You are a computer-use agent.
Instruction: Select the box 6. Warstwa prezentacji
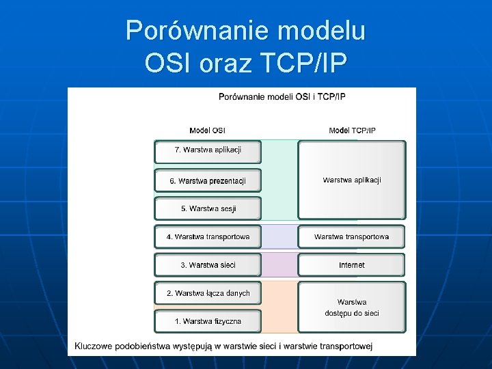click(x=208, y=180)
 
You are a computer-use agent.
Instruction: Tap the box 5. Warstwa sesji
click(x=208, y=208)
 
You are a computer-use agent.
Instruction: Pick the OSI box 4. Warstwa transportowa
click(x=208, y=237)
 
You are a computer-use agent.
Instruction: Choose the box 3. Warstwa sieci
click(x=208, y=265)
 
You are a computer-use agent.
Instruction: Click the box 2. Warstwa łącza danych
click(x=208, y=293)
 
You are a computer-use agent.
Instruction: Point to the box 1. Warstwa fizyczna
click(x=208, y=321)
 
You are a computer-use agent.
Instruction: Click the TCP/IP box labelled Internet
click(x=351, y=265)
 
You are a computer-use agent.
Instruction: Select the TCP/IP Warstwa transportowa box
click(x=351, y=237)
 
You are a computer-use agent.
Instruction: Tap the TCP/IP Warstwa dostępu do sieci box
click(x=351, y=307)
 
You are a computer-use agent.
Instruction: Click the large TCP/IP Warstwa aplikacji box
click(x=351, y=180)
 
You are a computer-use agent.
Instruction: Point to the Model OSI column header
click(x=207, y=131)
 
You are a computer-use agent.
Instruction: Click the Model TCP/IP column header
click(x=352, y=131)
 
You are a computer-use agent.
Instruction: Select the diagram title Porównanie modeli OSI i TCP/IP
click(x=282, y=96)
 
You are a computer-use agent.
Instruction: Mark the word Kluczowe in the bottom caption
click(x=94, y=346)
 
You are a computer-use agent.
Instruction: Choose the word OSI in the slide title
click(x=167, y=63)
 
